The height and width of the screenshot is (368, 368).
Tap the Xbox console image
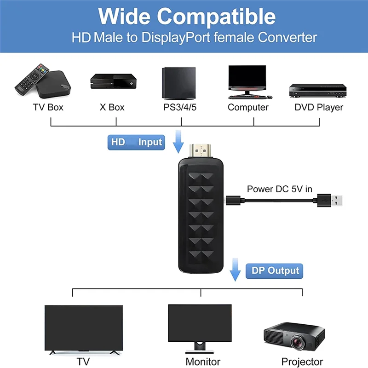click(x=112, y=82)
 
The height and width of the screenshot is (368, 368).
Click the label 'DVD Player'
click(x=319, y=108)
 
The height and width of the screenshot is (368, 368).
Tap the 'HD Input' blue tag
click(x=136, y=142)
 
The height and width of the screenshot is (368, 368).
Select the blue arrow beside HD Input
click(x=178, y=142)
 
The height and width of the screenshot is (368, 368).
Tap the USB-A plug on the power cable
click(x=333, y=200)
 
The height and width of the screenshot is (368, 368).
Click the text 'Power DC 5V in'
click(x=279, y=189)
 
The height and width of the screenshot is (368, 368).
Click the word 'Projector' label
click(x=302, y=362)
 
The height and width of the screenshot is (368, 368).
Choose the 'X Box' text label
click(x=112, y=108)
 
